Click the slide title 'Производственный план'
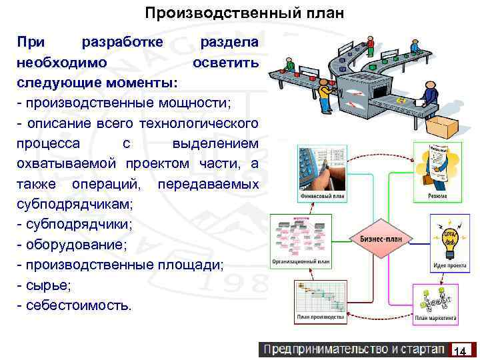[245, 13]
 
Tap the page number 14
[459, 351]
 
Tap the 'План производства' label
[321, 318]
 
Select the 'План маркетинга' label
[436, 319]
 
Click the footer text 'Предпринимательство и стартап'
[353, 349]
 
